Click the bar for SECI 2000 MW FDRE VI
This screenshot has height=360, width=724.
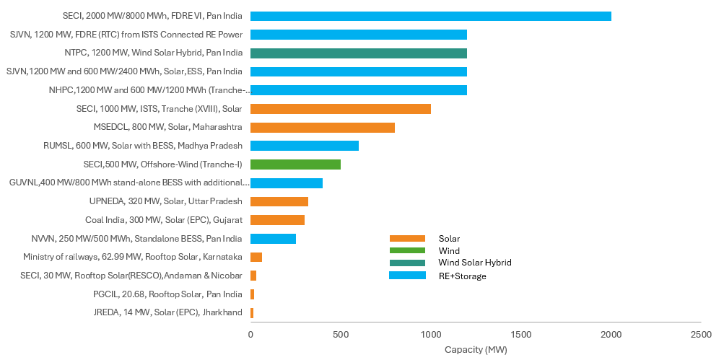(x=430, y=16)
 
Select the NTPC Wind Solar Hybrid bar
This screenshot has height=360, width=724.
(x=358, y=53)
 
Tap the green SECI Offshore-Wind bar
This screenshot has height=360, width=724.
(x=295, y=164)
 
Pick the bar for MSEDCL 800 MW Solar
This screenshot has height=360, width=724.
(x=322, y=127)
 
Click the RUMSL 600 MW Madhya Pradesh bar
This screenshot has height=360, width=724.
(x=304, y=146)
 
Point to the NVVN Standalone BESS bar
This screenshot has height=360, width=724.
(x=273, y=239)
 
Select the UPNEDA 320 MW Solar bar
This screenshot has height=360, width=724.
(x=279, y=201)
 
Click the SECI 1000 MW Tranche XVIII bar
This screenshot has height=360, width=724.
(x=340, y=109)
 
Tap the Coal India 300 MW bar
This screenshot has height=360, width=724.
(x=277, y=220)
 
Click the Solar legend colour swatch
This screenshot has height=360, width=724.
(x=407, y=239)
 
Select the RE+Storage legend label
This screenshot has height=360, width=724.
(x=462, y=276)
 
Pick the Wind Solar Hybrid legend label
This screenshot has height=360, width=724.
(x=474, y=263)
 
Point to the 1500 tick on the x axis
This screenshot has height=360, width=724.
(x=521, y=335)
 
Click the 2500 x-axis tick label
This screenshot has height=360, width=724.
(x=701, y=335)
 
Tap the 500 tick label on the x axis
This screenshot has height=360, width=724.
(x=341, y=335)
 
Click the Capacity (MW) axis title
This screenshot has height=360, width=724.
(x=476, y=351)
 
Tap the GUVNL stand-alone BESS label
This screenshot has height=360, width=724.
(x=129, y=183)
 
